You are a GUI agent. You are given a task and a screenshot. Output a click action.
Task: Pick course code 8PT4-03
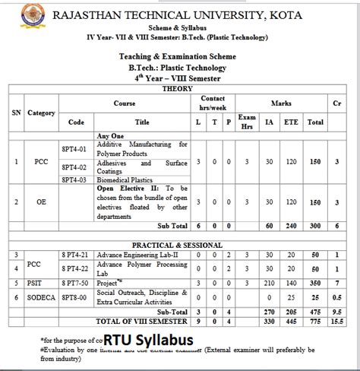pos(76,179)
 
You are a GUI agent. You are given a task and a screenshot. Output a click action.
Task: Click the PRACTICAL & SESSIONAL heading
pos(178,245)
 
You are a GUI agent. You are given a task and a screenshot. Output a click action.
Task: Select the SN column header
pos(16,112)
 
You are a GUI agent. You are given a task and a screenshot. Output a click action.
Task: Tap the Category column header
pos(42,113)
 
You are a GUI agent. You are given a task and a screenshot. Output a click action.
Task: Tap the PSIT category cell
pos(42,281)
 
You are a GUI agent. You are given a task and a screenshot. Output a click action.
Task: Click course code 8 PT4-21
pos(77,255)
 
